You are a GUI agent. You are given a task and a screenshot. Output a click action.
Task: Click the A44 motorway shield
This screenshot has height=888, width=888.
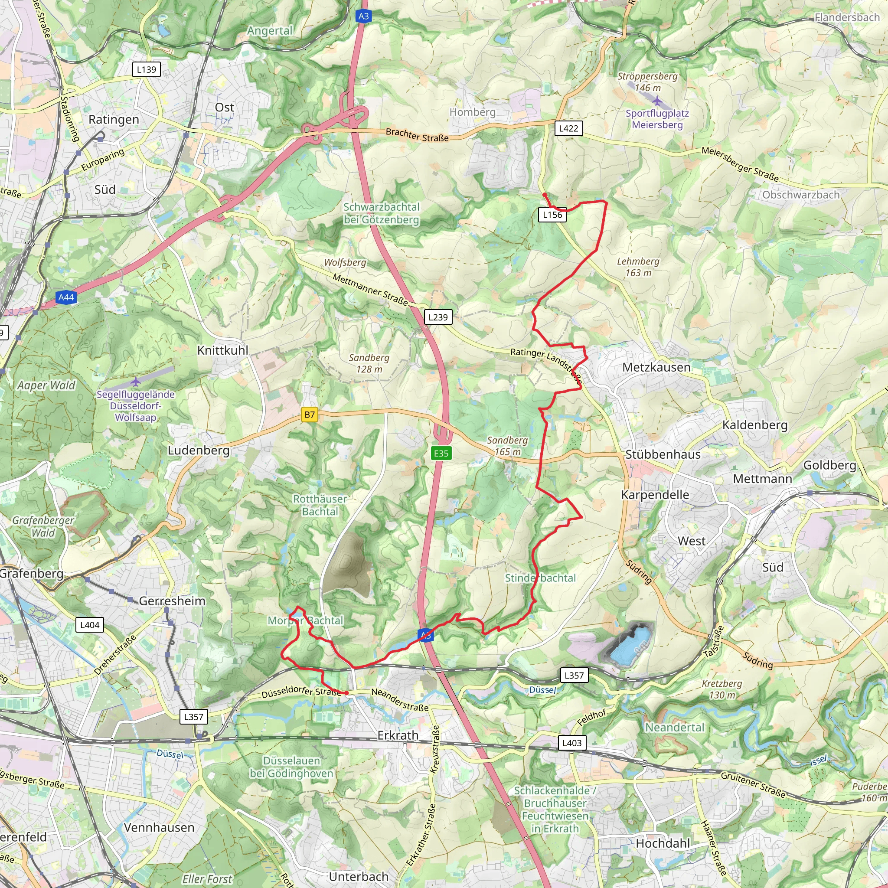click(66, 297)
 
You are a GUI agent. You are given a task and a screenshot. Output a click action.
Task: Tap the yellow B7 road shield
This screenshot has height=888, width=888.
click(310, 415)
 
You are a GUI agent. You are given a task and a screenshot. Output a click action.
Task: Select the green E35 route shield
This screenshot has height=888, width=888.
click(441, 453)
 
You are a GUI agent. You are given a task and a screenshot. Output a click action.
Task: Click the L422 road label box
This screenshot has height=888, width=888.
click(568, 128)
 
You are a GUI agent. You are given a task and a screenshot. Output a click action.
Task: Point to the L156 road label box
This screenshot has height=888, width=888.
click(552, 215)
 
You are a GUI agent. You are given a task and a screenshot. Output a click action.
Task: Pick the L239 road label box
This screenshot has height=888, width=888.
click(437, 317)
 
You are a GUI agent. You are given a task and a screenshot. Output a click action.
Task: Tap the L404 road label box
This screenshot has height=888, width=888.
click(90, 625)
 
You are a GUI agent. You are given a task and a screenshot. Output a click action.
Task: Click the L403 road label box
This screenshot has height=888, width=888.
click(572, 743)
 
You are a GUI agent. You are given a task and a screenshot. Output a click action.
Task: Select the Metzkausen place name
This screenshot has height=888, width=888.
click(656, 367)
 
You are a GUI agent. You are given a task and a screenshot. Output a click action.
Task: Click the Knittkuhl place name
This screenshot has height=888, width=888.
click(222, 350)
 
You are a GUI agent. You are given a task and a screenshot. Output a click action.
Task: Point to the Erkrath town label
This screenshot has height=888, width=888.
click(398, 735)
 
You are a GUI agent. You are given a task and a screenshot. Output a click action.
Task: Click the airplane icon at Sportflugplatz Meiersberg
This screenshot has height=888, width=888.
click(657, 101)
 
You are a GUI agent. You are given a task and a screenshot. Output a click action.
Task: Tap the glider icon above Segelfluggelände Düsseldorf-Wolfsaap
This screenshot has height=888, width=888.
click(136, 382)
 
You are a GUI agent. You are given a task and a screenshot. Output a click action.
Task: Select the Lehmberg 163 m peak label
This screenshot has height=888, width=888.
click(638, 267)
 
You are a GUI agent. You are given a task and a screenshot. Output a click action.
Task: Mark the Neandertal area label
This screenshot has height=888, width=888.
click(674, 727)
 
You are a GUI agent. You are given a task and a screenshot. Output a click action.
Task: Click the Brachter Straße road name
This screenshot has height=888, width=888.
click(417, 135)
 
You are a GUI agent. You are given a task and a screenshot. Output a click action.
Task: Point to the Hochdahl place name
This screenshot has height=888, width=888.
click(663, 843)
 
